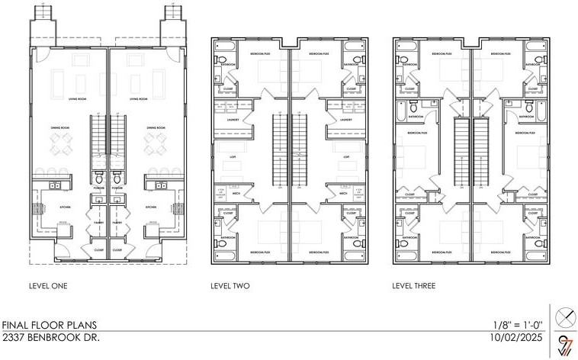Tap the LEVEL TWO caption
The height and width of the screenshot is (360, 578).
[230, 286]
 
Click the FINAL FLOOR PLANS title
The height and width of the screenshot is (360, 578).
[45, 324]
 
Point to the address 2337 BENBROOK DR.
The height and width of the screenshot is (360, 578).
[50, 336]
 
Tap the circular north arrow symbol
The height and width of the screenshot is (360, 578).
[565, 314]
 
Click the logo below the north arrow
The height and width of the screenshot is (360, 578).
[565, 345]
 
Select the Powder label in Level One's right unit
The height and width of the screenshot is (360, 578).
[117, 188]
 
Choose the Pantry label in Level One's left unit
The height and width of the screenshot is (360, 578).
[97, 223]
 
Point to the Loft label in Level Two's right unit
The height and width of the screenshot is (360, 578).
[346, 157]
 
